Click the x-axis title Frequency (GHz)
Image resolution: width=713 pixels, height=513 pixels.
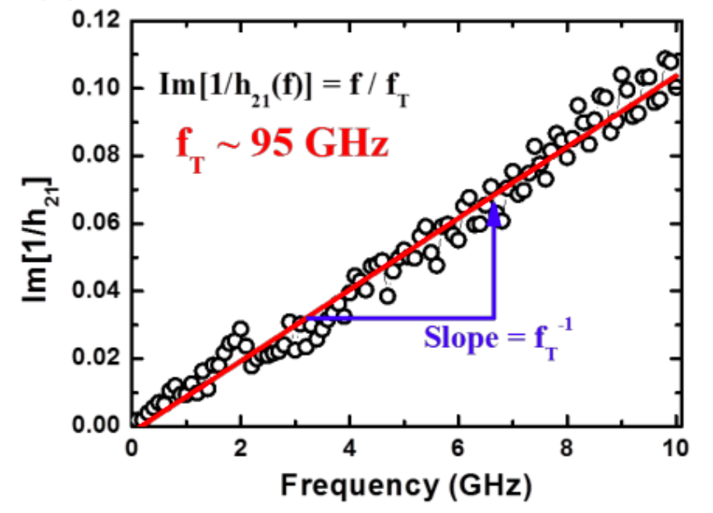(406, 485)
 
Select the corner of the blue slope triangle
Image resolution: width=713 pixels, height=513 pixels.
(494, 318)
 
